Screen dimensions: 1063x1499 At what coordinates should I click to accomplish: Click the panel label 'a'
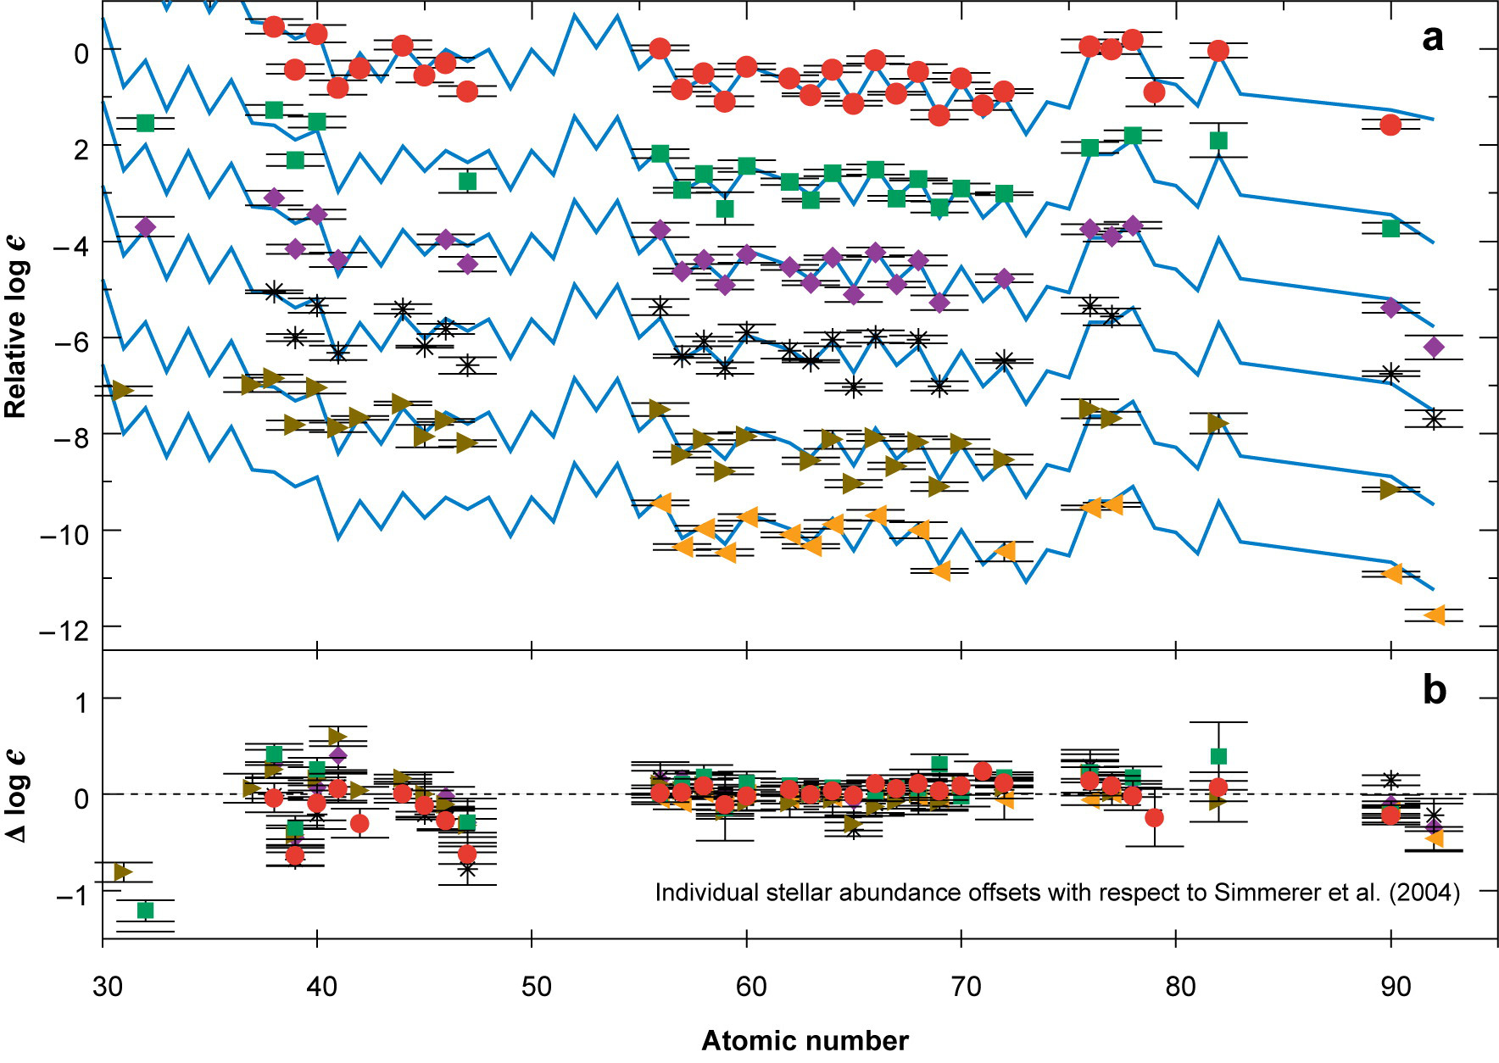[1433, 39]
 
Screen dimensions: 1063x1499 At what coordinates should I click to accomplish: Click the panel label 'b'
[1434, 691]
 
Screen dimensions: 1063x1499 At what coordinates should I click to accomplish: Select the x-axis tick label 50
[535, 987]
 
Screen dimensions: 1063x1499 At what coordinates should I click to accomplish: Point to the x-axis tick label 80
[1179, 987]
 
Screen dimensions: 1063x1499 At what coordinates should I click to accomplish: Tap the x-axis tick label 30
[107, 987]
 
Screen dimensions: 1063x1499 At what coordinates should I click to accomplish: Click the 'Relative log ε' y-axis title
[16, 327]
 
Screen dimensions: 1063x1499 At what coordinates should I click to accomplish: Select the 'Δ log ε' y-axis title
[16, 796]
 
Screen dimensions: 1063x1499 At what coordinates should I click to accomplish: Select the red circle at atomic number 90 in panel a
[1390, 125]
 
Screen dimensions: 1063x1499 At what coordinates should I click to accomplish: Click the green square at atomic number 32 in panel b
[145, 910]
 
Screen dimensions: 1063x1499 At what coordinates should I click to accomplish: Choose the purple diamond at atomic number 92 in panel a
[1434, 347]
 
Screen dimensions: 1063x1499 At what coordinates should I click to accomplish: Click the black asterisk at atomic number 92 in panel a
[1434, 419]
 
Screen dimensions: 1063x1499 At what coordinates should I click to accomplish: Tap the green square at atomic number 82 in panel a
[1218, 141]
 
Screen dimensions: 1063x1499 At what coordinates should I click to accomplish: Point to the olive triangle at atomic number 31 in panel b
[123, 871]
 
